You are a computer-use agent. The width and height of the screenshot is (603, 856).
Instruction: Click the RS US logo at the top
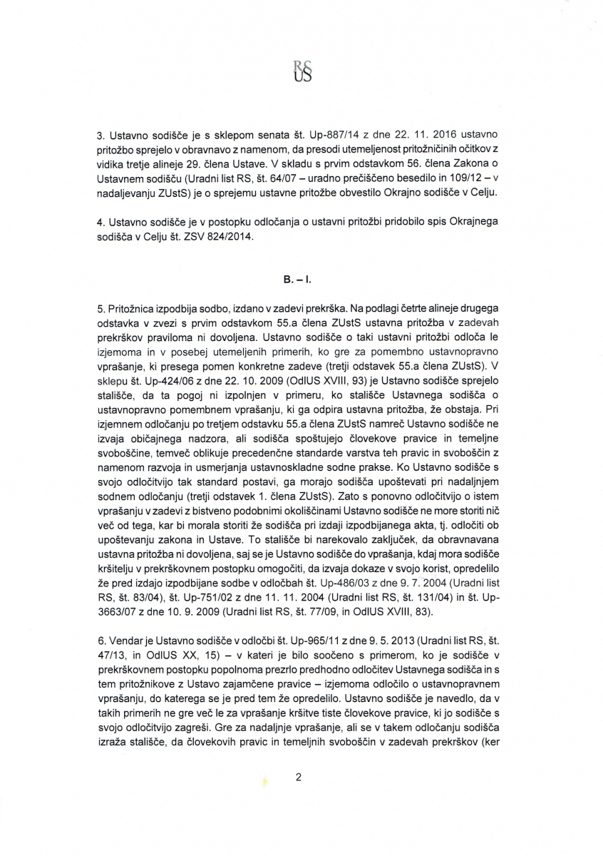(302, 69)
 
